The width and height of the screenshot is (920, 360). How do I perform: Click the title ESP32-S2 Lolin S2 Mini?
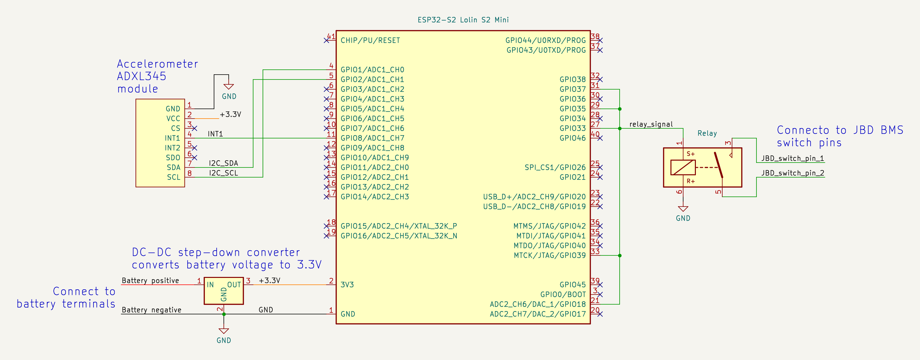(x=463, y=20)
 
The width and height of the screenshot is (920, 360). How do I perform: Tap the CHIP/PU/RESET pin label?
(x=370, y=40)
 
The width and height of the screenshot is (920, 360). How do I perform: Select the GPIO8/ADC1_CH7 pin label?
(x=372, y=138)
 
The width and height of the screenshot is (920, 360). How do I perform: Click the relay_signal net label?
(x=651, y=124)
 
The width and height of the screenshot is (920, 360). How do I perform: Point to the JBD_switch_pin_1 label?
(x=792, y=158)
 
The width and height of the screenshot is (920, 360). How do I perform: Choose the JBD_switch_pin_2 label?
(x=792, y=173)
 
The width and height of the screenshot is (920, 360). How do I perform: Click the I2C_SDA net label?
(x=223, y=163)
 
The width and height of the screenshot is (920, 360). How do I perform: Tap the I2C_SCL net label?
(x=223, y=173)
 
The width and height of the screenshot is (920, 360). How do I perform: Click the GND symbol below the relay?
(x=683, y=209)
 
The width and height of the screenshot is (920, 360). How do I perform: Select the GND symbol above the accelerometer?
(x=229, y=87)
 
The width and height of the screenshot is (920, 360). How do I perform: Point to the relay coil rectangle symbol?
(x=683, y=167)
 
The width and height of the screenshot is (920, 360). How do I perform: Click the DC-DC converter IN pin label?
(x=210, y=285)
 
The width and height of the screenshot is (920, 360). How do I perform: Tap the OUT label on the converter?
(x=234, y=285)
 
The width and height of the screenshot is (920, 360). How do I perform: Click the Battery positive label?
(x=151, y=281)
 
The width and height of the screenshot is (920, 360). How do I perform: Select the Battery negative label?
(x=151, y=310)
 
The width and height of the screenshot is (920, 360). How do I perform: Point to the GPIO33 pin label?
(x=572, y=128)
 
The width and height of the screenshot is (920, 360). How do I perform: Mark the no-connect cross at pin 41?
(x=326, y=40)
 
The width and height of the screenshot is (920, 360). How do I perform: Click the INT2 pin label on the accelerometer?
(x=173, y=148)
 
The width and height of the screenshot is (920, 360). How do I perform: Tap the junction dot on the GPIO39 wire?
(x=620, y=256)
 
